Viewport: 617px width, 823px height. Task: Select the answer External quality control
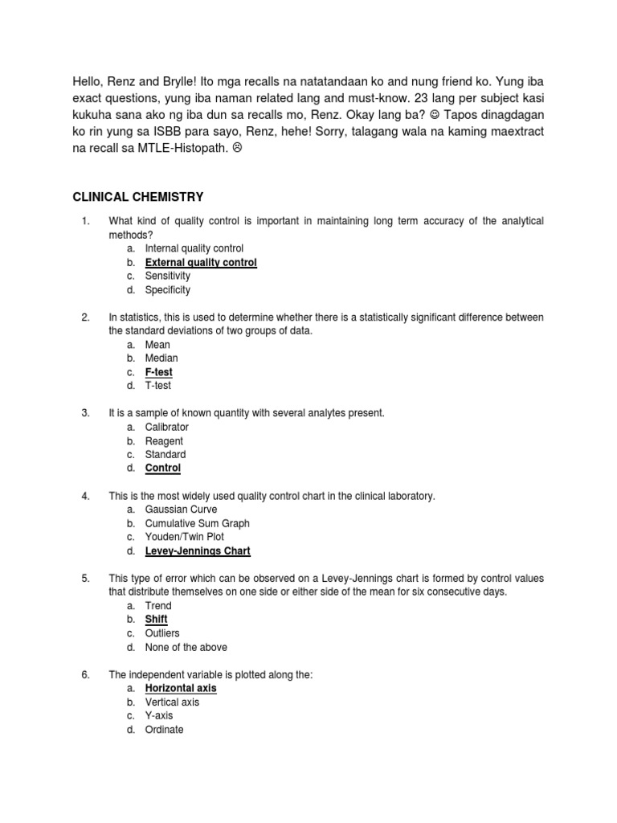tap(201, 263)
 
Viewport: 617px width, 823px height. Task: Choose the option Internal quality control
tap(194, 248)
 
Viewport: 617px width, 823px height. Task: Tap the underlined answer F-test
tap(158, 372)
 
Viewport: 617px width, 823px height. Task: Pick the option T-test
tap(158, 386)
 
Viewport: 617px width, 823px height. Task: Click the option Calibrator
tap(166, 427)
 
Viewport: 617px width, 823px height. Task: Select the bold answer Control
tap(162, 468)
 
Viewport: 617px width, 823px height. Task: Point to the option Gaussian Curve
tap(181, 510)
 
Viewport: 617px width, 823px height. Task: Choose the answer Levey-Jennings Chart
tap(198, 551)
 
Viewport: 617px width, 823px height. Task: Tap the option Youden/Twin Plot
tap(184, 537)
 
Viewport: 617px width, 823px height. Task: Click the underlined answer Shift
tap(156, 620)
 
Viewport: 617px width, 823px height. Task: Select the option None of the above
tap(186, 647)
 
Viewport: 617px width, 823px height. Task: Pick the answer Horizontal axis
tap(181, 688)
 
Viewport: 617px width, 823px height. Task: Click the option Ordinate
tap(164, 730)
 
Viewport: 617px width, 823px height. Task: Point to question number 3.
tap(85, 413)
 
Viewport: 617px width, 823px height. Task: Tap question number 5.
tap(85, 579)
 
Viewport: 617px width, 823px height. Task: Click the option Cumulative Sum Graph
tap(197, 523)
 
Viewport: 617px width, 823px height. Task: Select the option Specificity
tap(167, 290)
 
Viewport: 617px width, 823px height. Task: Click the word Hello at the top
tap(88, 82)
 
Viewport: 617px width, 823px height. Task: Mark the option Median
tap(161, 358)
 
